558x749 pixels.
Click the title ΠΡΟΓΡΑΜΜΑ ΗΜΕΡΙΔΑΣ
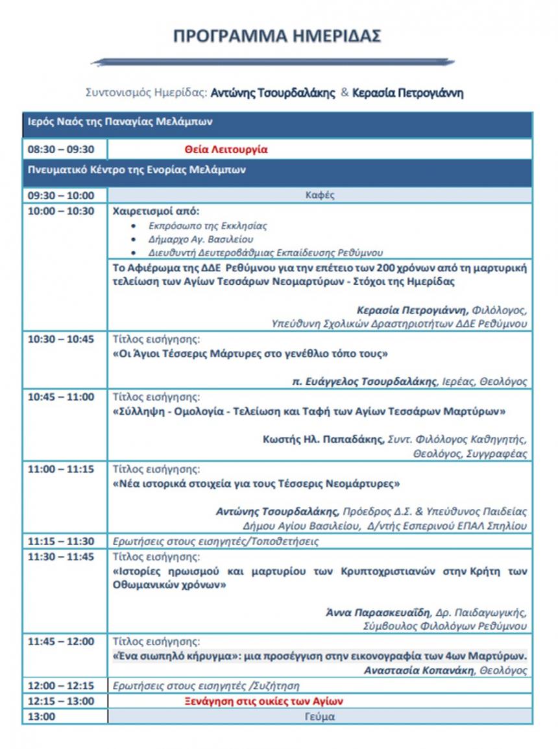coord(277,36)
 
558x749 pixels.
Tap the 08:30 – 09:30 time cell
coord(61,149)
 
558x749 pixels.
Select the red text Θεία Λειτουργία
coord(226,149)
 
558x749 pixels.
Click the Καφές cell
coord(319,195)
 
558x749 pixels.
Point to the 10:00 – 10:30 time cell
coord(61,211)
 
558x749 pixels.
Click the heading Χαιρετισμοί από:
coord(156,211)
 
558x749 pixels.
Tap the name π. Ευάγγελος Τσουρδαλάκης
coord(365,382)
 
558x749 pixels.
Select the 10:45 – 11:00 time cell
coord(61,397)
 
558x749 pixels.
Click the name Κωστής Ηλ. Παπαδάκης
coord(323,439)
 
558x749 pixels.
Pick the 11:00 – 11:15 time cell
coord(61,469)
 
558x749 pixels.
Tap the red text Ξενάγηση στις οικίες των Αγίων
coord(263,701)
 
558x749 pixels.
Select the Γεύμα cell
coord(319,717)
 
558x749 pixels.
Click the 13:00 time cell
coord(42,717)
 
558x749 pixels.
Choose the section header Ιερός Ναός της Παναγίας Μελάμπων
coord(120,121)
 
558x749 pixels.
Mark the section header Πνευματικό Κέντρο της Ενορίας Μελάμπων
coord(136,169)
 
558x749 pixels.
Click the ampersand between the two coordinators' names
coord(345,92)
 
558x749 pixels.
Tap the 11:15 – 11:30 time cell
coord(61,541)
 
